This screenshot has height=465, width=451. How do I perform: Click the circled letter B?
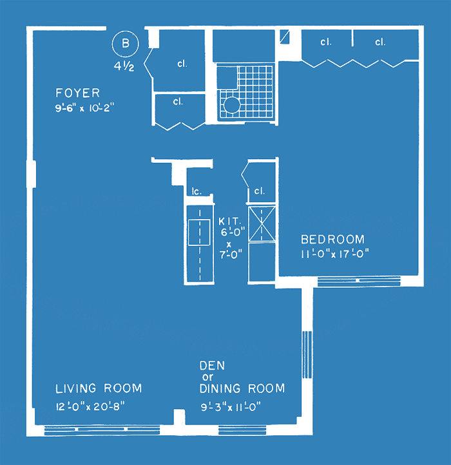tap(126, 44)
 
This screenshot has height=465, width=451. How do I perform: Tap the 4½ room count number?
tap(124, 66)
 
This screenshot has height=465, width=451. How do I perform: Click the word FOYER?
tap(78, 93)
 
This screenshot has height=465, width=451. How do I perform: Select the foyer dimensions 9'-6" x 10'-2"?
tap(84, 108)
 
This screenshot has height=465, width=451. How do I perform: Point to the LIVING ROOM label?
tap(99, 388)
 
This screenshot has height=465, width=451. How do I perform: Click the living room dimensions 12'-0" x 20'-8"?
tap(90, 406)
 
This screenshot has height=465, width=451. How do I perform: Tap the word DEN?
tap(212, 366)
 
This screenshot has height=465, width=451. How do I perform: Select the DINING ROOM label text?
tap(242, 388)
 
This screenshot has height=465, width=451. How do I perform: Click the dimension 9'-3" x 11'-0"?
tap(231, 407)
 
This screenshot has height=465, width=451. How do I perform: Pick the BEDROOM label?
tap(332, 240)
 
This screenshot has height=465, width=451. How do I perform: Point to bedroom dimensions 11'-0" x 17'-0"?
tap(335, 254)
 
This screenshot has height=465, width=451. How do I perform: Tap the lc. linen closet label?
tap(197, 191)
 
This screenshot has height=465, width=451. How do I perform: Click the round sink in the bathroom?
tap(231, 104)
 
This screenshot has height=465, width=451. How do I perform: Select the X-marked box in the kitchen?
tap(262, 224)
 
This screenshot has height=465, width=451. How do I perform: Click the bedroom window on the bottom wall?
tap(359, 281)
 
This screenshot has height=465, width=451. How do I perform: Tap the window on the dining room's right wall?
tap(307, 355)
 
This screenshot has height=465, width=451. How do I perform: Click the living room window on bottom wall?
tap(102, 430)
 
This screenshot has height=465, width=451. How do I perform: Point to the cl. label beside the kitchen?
tap(259, 191)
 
